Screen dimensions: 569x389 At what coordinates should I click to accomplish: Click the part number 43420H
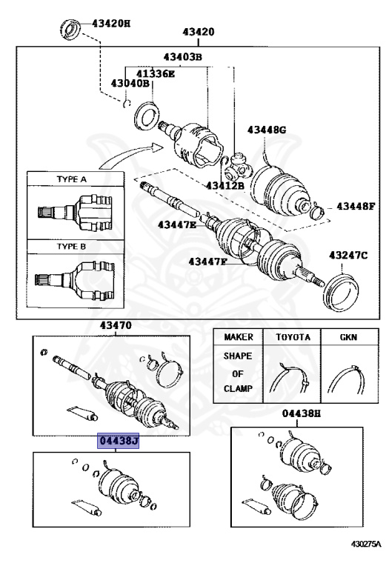click(110, 23)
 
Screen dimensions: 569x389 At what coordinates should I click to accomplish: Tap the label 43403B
click(183, 57)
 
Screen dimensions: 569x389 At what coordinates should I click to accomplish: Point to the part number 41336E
click(154, 73)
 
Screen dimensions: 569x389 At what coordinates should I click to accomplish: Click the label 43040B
click(130, 84)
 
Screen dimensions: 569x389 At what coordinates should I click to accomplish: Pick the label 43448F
click(356, 206)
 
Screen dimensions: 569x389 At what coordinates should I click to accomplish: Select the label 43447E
click(177, 224)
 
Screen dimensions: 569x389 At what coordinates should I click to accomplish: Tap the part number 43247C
click(349, 256)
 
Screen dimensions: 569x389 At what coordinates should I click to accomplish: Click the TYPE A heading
click(72, 179)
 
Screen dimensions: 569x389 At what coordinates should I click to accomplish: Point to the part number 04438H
click(301, 414)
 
